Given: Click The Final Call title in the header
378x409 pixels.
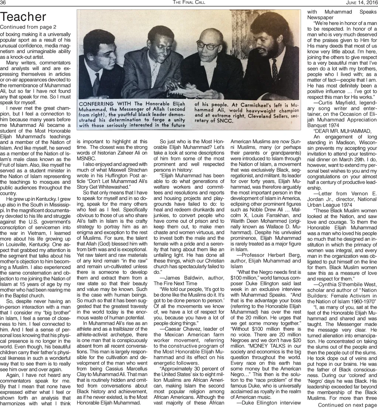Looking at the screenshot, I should pyautogui.click(x=189, y=3).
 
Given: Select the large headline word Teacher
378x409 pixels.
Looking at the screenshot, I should pyautogui.click(x=23, y=17).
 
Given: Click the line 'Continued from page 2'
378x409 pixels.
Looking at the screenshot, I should pyautogui.click(x=28, y=27).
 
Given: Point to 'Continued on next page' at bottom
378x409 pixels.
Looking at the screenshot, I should pyautogui.click(x=347, y=405).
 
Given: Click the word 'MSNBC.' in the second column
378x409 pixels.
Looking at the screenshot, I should pyautogui.click(x=84, y=167).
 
